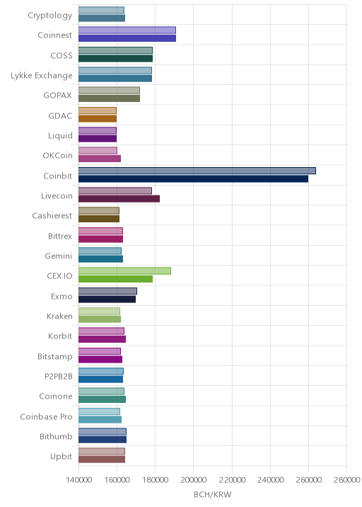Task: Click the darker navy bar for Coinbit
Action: tap(193, 179)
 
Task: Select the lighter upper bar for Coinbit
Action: tap(197, 171)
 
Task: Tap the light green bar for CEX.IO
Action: tap(124, 271)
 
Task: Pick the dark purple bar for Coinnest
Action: tap(127, 38)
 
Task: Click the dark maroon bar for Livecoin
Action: tap(119, 199)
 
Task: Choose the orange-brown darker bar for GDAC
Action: tap(98, 119)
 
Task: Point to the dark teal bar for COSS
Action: tap(116, 59)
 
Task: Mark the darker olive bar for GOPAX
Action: tap(109, 98)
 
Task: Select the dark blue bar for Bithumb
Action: tap(103, 440)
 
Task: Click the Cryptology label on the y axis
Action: tap(49, 16)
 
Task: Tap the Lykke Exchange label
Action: tap(41, 76)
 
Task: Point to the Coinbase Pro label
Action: tap(46, 417)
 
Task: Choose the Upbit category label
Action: tap(61, 457)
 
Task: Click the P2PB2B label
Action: tap(59, 377)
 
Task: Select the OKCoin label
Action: tap(57, 156)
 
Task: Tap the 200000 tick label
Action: tap(194, 479)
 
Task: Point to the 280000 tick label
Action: tap(347, 479)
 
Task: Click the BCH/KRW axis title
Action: tap(213, 495)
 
